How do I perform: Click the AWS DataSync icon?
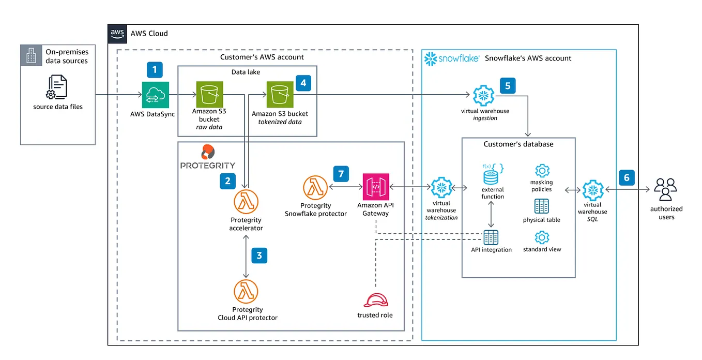tap(156, 95)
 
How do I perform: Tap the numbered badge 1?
tap(155, 70)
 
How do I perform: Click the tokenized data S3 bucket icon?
tap(280, 95)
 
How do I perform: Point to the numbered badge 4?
tap(303, 83)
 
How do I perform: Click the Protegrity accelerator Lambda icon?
tap(246, 202)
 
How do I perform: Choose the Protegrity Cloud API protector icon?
tap(246, 292)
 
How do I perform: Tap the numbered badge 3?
tap(259, 255)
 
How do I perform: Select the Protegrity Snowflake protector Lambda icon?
tap(315, 188)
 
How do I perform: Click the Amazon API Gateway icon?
tap(376, 188)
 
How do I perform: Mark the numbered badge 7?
tap(341, 173)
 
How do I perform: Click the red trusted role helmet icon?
tap(375, 300)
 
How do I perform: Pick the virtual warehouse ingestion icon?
tap(485, 96)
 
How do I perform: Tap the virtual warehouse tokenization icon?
tap(441, 188)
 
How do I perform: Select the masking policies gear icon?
tap(542, 170)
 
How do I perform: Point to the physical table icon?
tap(542, 206)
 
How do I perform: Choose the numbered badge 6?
tap(627, 178)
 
